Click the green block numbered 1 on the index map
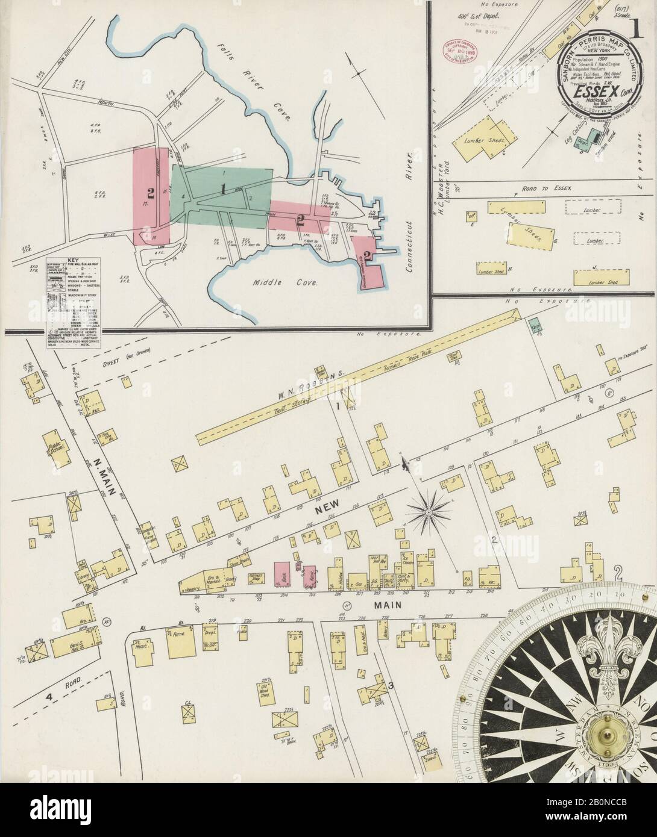[223, 190]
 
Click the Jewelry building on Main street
[192, 587]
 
